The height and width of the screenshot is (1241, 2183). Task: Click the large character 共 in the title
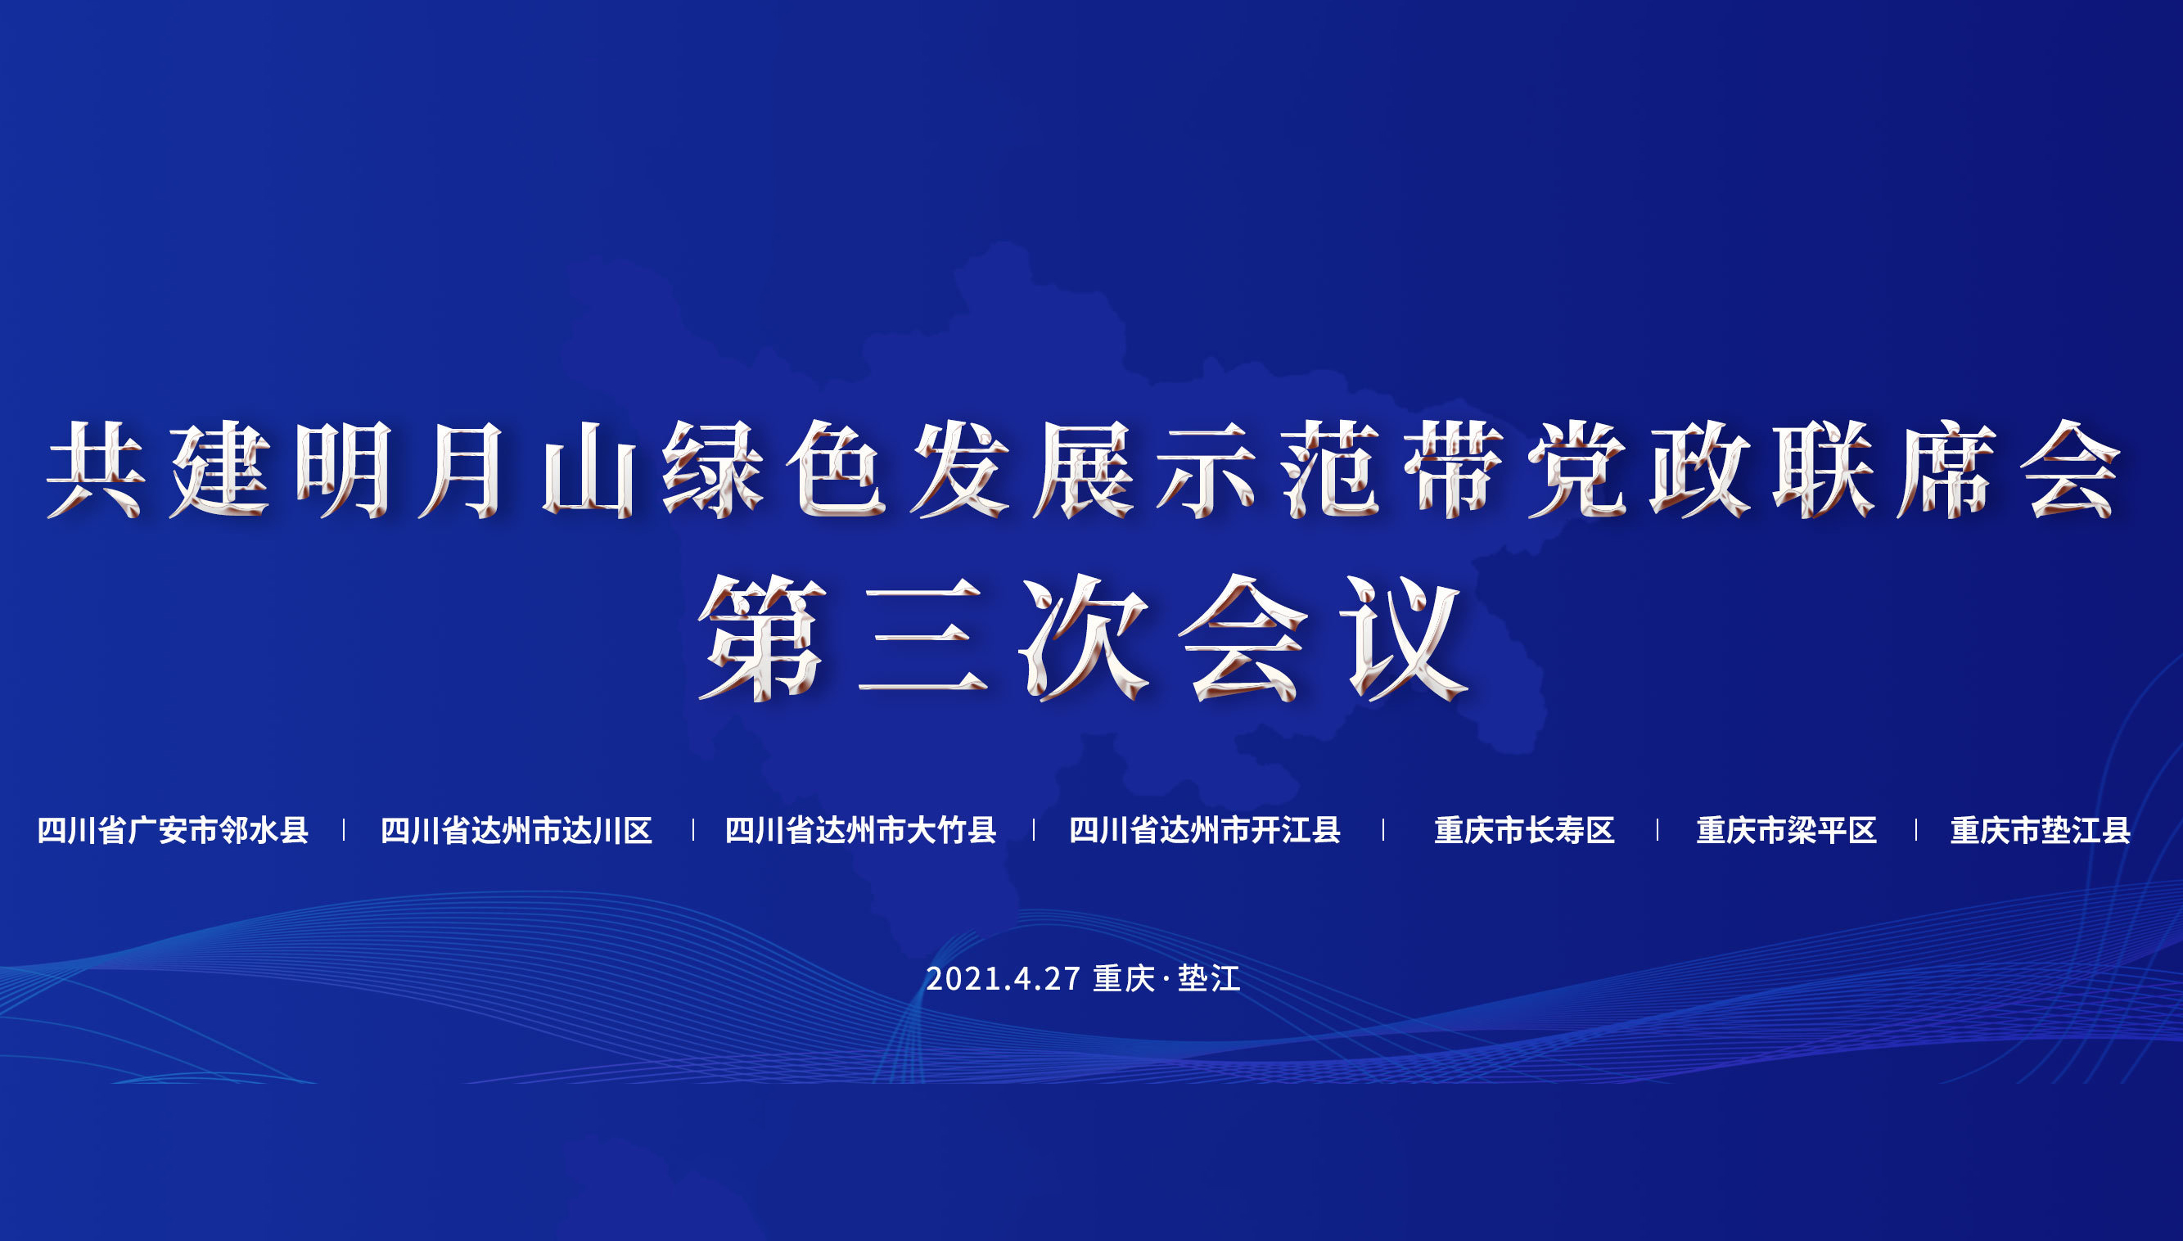click(x=97, y=470)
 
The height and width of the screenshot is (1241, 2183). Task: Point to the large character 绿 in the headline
click(x=712, y=470)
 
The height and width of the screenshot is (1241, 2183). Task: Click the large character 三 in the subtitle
click(x=922, y=637)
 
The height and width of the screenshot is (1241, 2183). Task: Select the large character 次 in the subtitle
click(x=1084, y=637)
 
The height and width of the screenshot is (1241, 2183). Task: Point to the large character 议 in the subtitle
click(x=1406, y=637)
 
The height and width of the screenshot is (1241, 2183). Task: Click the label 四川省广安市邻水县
click(x=173, y=830)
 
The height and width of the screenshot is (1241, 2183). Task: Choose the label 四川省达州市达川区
click(x=516, y=830)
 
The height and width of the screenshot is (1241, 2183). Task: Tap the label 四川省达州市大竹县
click(x=860, y=830)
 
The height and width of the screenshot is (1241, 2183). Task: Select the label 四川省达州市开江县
click(x=1205, y=830)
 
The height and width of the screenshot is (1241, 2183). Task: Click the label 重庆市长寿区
click(x=1524, y=830)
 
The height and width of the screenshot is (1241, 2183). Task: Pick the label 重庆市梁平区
click(x=1787, y=830)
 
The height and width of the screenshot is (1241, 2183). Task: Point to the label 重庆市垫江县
click(x=2041, y=830)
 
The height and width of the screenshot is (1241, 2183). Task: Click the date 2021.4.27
click(x=1004, y=978)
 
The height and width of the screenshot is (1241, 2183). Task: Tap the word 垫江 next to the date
click(x=1209, y=978)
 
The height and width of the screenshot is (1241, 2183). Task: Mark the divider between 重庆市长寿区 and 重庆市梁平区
click(x=1658, y=830)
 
